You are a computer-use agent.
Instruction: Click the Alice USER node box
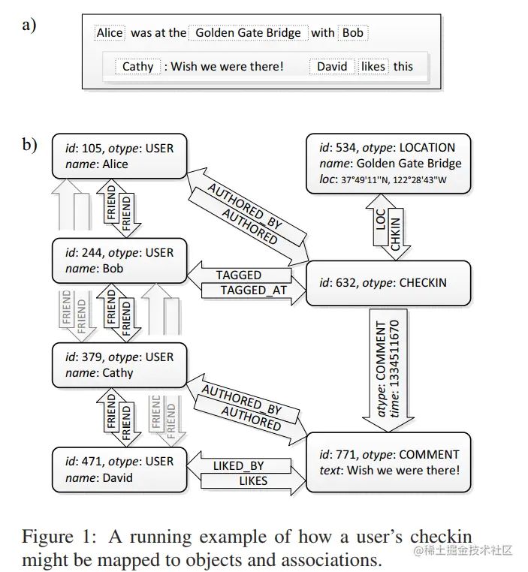tap(118, 156)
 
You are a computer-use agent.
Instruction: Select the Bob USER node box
tap(118, 260)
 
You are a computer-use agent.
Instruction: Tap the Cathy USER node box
tap(118, 365)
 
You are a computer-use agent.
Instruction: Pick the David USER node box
tap(118, 469)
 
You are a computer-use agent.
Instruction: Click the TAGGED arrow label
tap(238, 275)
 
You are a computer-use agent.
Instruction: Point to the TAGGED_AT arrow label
tap(254, 291)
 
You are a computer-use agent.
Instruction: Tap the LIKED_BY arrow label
tap(238, 466)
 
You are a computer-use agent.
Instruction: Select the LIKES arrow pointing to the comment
tap(253, 480)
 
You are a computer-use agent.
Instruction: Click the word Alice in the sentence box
tap(110, 33)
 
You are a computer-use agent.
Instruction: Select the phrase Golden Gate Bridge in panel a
tap(248, 33)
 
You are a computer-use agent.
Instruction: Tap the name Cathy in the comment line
tap(137, 67)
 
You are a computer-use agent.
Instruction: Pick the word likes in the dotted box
tap(373, 67)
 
